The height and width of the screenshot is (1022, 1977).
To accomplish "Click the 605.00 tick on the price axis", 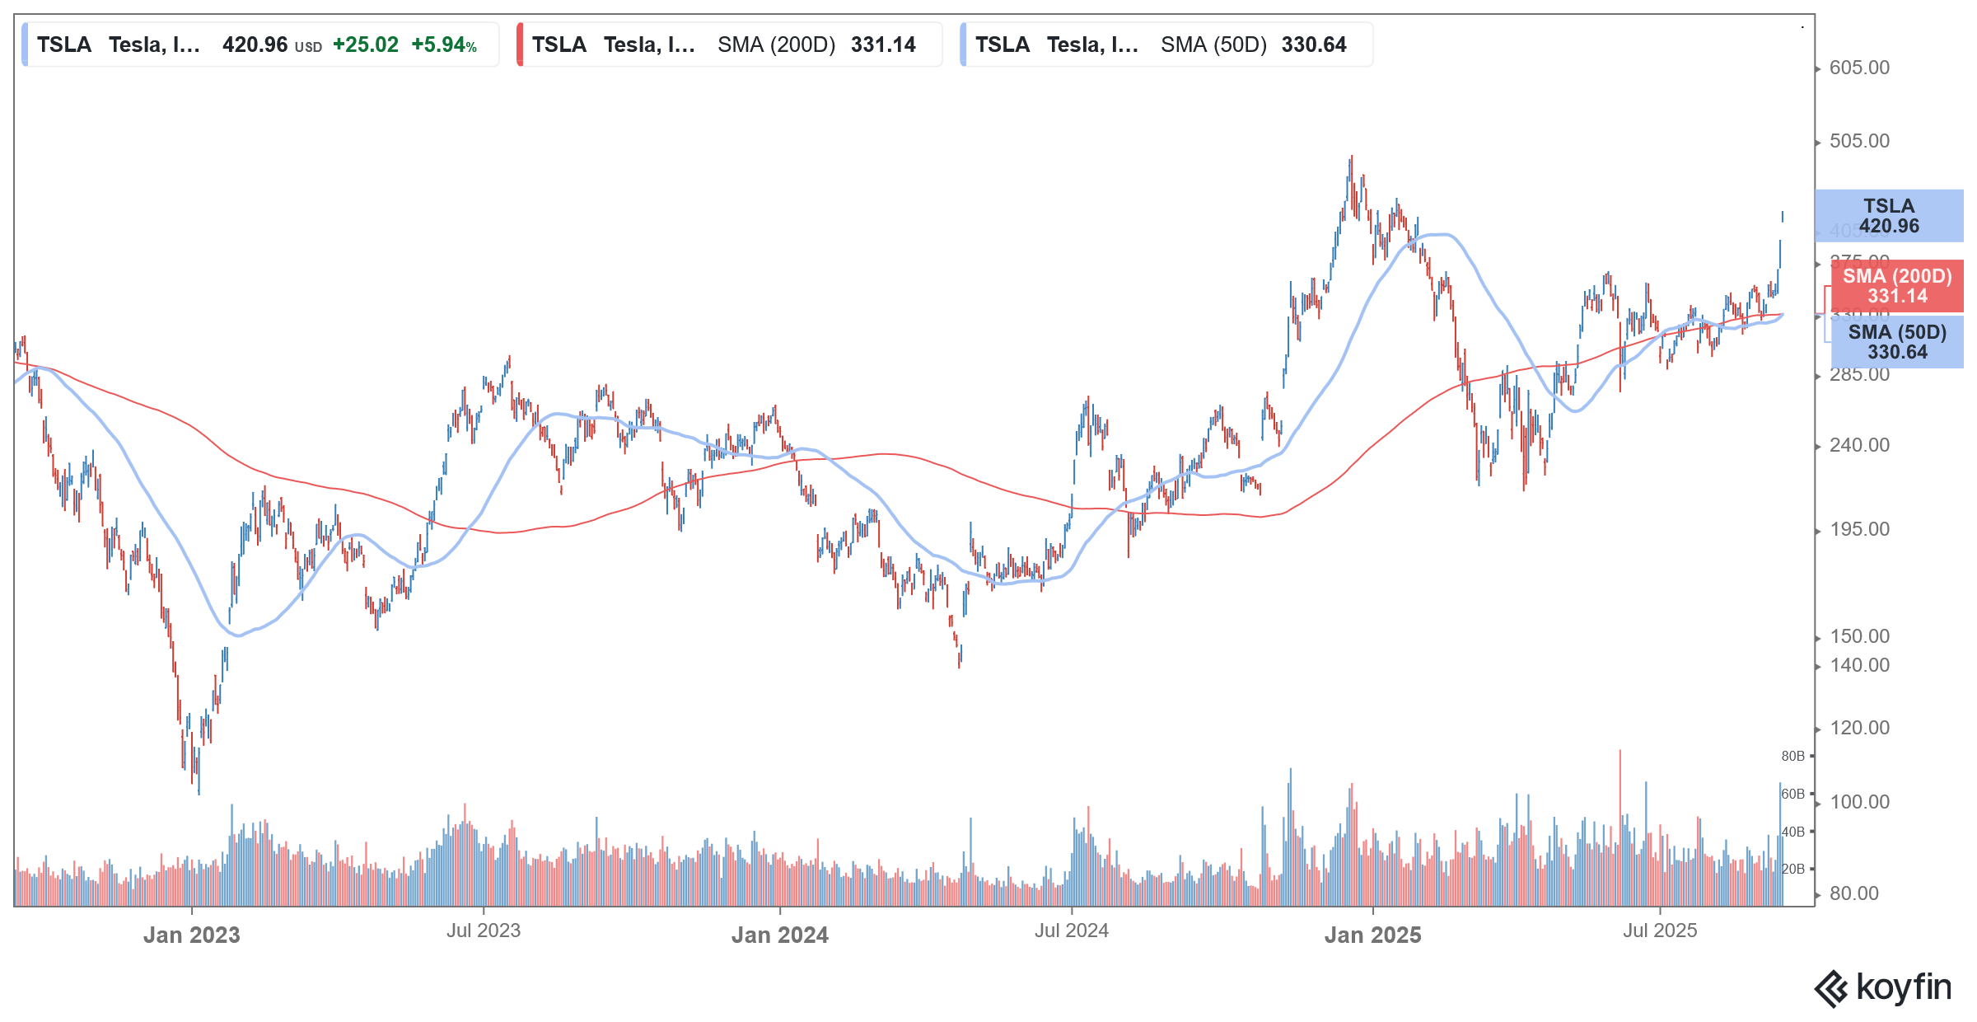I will (x=1859, y=68).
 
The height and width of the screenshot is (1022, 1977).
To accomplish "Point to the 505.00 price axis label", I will (x=1859, y=141).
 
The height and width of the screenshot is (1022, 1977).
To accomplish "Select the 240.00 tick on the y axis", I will (x=1859, y=445).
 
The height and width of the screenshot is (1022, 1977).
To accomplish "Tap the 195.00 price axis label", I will (x=1859, y=529).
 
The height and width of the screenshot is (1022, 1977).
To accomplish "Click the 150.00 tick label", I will (x=1859, y=636).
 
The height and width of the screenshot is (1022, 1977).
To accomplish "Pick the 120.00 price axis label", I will (x=1859, y=728).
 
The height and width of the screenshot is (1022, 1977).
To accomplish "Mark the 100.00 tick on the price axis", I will (x=1859, y=802).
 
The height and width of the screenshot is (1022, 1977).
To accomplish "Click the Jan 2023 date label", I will (x=191, y=935).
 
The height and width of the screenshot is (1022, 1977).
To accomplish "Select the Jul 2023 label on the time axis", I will (x=484, y=931).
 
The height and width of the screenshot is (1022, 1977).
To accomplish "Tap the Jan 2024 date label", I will (x=779, y=935).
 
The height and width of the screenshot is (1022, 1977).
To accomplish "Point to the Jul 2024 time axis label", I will (x=1071, y=931).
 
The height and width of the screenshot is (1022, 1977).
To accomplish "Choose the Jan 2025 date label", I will (x=1372, y=935).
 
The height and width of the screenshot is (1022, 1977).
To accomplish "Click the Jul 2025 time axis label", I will (x=1660, y=931).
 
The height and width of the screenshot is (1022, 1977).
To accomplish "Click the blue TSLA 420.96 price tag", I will (x=1889, y=216).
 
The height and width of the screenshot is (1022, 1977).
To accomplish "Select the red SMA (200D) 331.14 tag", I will (x=1896, y=286).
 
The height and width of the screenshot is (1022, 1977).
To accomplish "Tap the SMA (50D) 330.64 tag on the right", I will (x=1897, y=342).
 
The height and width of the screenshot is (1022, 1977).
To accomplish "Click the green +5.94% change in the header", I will (x=444, y=45).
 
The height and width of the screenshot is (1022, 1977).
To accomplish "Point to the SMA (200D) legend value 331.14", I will (x=883, y=45).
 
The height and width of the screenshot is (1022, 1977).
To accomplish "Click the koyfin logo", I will (x=1883, y=987).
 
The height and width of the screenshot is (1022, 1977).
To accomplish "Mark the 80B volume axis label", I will (x=1792, y=756).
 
